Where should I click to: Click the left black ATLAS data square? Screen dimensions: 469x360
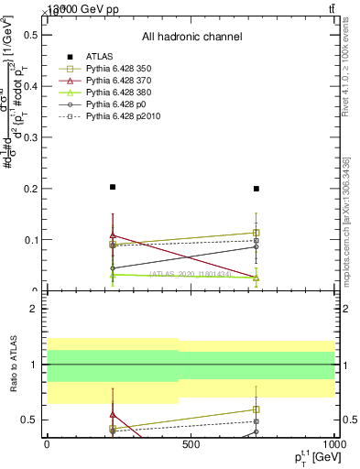tap(113, 187)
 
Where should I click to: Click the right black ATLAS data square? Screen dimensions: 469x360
tap(256, 189)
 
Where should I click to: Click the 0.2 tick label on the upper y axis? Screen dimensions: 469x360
tap(28, 188)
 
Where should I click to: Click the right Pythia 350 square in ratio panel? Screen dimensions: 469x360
tap(256, 409)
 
